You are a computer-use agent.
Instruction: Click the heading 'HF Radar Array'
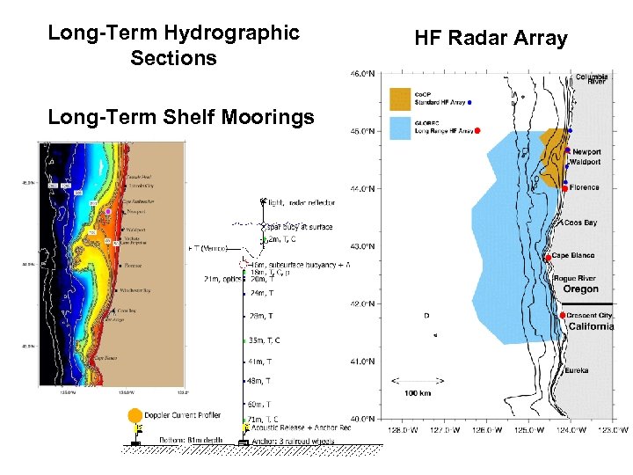[x=491, y=39]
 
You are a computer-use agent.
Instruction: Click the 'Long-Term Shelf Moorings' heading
[x=181, y=117]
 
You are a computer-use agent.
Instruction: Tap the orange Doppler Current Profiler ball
[x=135, y=415]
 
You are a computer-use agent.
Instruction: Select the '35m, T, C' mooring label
[x=264, y=340]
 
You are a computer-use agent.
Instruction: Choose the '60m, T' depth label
[x=258, y=404]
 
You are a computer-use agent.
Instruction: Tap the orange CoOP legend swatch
[x=400, y=97]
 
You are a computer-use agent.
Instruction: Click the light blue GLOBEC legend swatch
[x=400, y=129]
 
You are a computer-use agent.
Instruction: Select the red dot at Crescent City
[x=562, y=315]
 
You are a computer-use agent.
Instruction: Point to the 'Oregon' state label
[x=580, y=289]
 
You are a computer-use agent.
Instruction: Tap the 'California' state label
[x=592, y=326]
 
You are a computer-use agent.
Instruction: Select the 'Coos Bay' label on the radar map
[x=579, y=223]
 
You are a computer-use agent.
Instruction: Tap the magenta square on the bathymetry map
[x=107, y=212]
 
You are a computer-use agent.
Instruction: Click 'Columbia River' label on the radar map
[x=592, y=79]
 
